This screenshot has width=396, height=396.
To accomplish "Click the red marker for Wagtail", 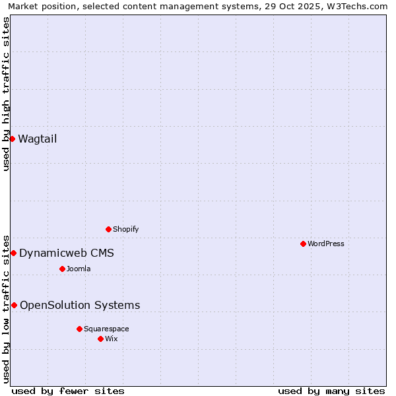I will [12, 139].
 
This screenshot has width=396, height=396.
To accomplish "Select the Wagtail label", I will [37, 139].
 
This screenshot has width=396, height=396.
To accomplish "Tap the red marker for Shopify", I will [108, 229].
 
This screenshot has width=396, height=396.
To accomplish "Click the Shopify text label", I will [125, 229].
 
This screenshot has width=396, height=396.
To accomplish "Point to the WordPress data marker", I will [303, 244].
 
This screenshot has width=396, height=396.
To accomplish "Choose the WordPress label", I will [325, 244].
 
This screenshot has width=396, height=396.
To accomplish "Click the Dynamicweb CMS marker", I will [13, 253].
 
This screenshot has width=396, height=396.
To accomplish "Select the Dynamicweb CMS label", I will [66, 253].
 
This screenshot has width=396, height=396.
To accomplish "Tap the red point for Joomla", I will [62, 269].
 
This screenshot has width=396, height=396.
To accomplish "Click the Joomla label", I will [78, 269].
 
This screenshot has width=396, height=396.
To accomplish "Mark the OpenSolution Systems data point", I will [14, 305].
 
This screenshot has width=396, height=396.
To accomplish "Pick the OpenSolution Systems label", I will [80, 305].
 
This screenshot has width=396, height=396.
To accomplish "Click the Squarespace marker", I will [79, 329].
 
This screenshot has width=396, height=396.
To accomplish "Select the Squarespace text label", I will [106, 329].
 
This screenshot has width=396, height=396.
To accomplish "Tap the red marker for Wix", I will [100, 339].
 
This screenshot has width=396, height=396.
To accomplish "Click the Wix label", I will [111, 339].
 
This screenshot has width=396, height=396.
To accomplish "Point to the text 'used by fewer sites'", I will [68, 391].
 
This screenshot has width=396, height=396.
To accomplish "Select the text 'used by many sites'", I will [331, 391].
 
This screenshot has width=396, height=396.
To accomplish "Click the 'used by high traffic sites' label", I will [6, 94].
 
